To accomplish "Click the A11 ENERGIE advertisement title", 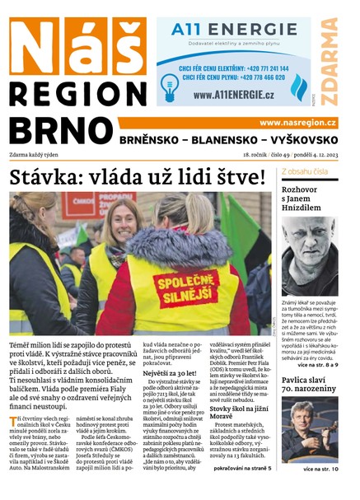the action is point(222,30).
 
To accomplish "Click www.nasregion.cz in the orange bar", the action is point(297,122).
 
